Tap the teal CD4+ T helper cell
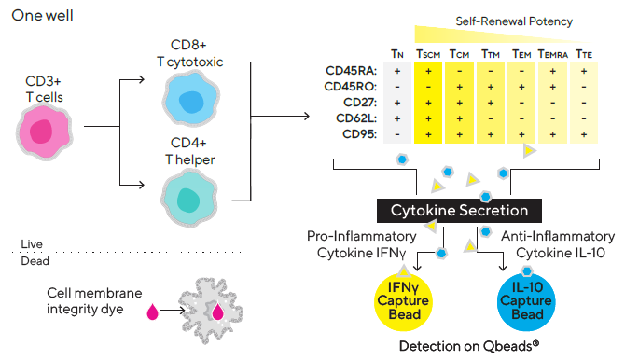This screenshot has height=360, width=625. click(x=190, y=199)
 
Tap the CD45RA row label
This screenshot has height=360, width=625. click(x=353, y=70)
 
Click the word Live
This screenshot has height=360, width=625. click(x=32, y=243)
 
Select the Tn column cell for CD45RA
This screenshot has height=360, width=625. click(x=398, y=70)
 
